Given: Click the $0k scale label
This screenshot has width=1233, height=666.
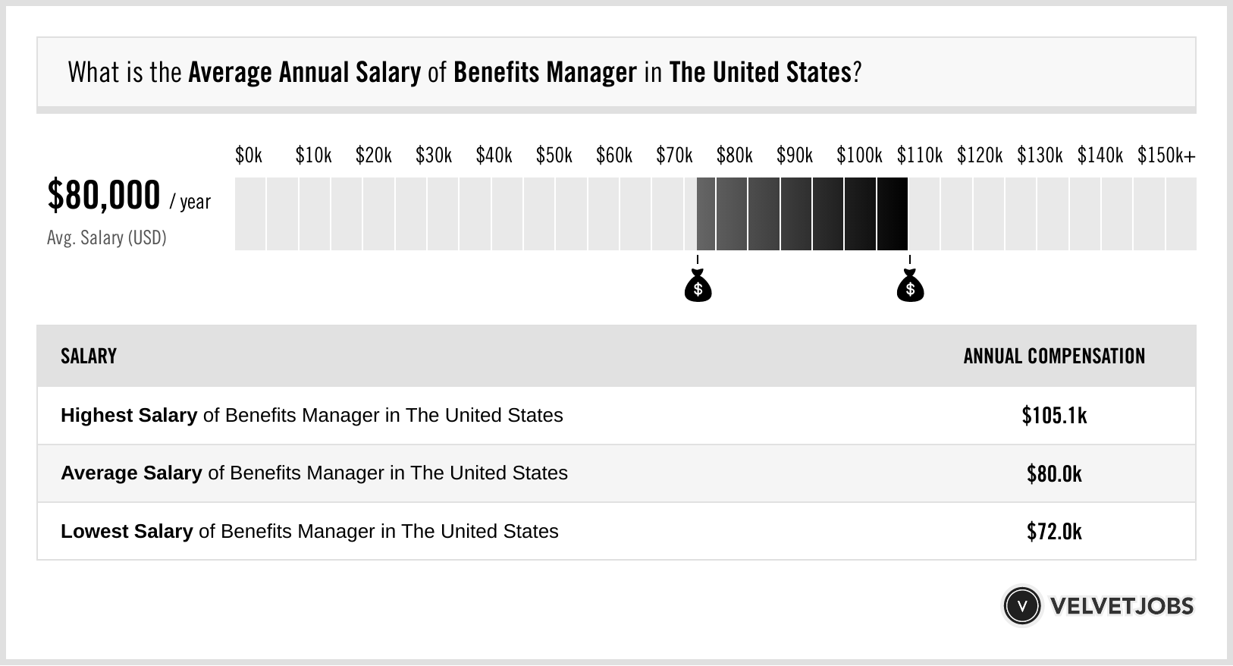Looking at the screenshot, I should [x=249, y=156].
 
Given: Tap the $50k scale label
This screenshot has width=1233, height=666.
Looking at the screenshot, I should [x=554, y=156].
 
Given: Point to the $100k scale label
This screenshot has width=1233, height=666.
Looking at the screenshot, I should [x=859, y=156].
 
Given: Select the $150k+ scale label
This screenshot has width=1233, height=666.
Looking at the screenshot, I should [x=1166, y=156].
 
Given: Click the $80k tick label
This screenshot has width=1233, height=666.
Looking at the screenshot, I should [x=734, y=156].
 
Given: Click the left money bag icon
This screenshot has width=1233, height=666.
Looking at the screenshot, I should [x=698, y=287].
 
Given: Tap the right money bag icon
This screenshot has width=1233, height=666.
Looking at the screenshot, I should [x=910, y=287].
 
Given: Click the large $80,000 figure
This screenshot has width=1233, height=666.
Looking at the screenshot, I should [x=104, y=196].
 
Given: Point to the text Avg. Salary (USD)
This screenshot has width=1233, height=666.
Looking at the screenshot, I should [x=107, y=238].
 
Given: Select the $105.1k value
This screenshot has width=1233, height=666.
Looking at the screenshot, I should [x=1054, y=416].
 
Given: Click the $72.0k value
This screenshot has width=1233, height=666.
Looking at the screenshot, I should [x=1054, y=532].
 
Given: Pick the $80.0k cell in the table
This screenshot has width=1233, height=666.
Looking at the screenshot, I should [x=1054, y=474].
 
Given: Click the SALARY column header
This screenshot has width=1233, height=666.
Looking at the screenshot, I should [x=89, y=357].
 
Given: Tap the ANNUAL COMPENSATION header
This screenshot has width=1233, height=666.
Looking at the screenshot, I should [x=1054, y=357].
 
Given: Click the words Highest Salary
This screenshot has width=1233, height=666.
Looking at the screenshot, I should [x=129, y=416].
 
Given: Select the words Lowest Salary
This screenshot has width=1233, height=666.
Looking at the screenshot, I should [x=127, y=532].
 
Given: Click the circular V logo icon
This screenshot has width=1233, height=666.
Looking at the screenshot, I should [x=1021, y=606].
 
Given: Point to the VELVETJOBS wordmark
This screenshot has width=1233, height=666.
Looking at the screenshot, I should [x=1122, y=606].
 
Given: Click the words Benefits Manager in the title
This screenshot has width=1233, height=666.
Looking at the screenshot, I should [x=544, y=73].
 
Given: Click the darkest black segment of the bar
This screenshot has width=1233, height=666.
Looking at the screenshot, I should [x=893, y=214].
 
